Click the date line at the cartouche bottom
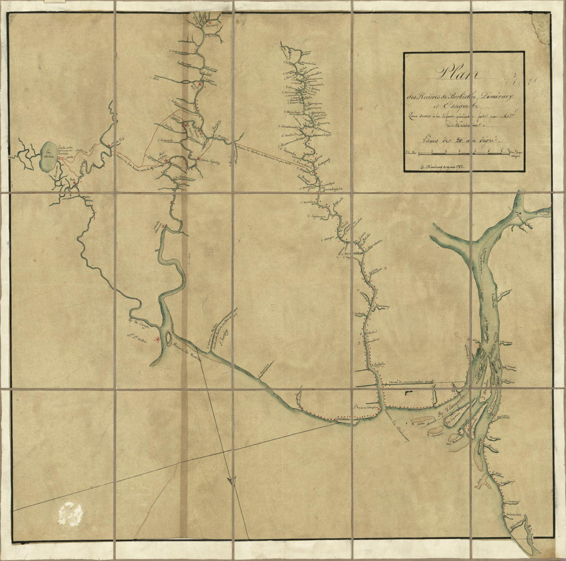pos(448,166)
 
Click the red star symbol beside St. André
pos(157,339)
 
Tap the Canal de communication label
pos(412,382)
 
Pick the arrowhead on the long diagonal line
pos(232,481)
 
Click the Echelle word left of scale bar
pos(411,152)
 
